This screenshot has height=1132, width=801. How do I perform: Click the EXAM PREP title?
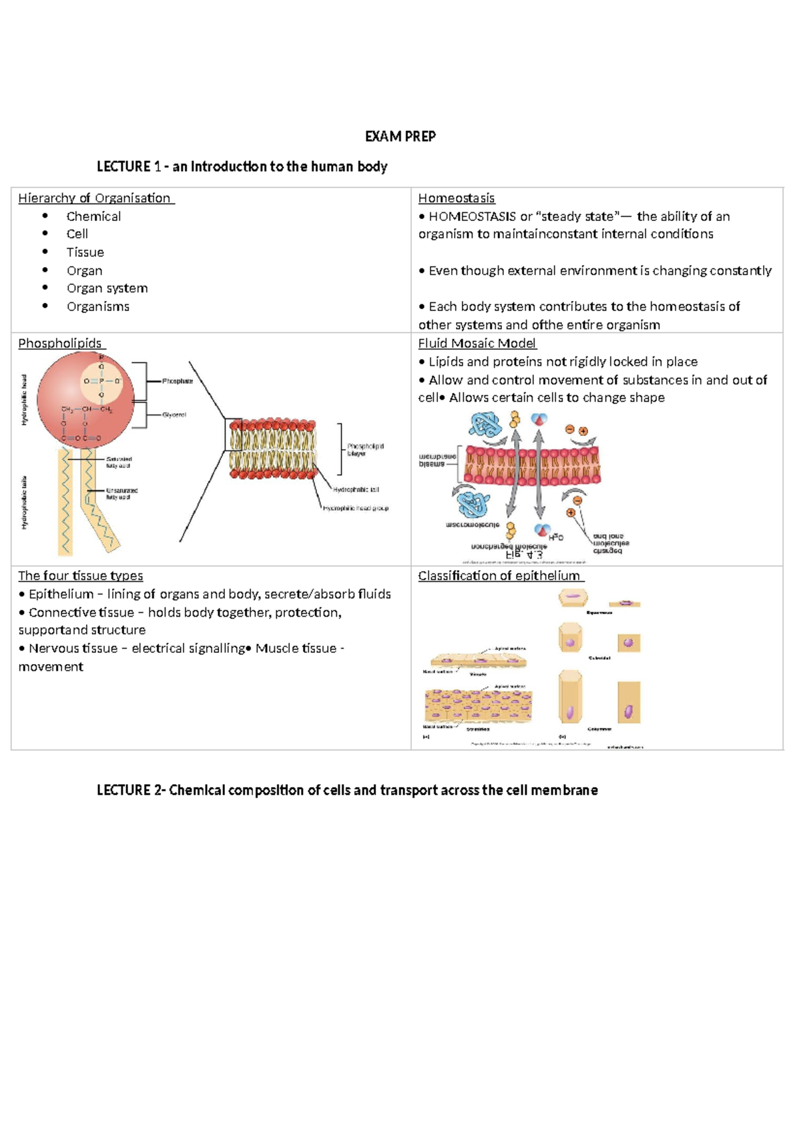tap(400, 137)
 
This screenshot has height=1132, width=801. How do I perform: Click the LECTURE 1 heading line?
tap(242, 167)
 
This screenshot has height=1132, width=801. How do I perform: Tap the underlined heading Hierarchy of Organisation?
tap(95, 198)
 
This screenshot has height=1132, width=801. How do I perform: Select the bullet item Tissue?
tap(85, 252)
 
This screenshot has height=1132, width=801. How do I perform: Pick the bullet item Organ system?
tap(107, 288)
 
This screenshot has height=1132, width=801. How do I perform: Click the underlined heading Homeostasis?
tap(456, 198)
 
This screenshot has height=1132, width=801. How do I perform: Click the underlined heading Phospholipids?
tap(60, 343)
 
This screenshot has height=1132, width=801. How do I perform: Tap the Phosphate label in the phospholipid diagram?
tap(178, 381)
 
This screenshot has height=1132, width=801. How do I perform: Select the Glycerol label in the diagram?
tap(174, 414)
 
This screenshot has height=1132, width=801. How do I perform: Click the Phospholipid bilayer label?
tap(365, 449)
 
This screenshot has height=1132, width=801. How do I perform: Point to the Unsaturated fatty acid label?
tap(121, 493)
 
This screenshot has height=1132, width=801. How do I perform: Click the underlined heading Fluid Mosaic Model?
tap(477, 343)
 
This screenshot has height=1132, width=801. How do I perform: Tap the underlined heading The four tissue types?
tap(80, 575)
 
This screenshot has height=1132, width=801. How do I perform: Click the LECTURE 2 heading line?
tap(347, 790)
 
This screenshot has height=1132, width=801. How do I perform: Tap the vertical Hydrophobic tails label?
tap(25, 502)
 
